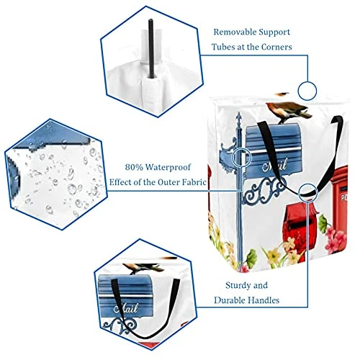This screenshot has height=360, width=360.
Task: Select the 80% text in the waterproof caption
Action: coord(134,167)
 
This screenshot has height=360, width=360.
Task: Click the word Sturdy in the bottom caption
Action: coord(238,286)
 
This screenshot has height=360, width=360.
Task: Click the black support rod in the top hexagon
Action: coord(151,48)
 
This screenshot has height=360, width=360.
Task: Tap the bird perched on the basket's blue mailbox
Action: coord(289,111)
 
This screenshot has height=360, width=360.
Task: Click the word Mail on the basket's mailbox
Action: coord(274,166)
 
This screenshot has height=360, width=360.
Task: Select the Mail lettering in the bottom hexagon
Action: coord(126,308)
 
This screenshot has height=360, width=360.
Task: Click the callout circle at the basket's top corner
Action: coord(307,91)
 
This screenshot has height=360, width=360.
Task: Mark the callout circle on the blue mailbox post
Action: coord(241,157)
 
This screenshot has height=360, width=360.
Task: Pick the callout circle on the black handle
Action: coord(308,192)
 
